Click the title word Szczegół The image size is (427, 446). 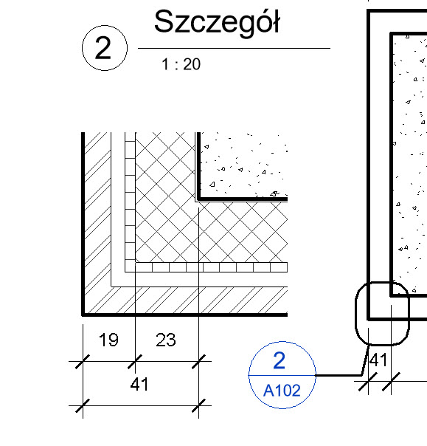click(x=217, y=24)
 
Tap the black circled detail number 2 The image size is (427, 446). click(x=103, y=48)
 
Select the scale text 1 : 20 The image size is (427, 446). click(x=181, y=64)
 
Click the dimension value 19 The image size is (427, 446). click(x=108, y=340)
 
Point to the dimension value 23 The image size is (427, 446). click(x=166, y=340)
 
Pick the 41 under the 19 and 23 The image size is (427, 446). click(x=139, y=384)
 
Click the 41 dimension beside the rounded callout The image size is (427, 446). click(x=378, y=360)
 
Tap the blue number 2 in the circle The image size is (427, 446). click(x=279, y=360)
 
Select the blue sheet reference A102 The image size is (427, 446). click(x=282, y=390)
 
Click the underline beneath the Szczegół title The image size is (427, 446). click(x=234, y=48)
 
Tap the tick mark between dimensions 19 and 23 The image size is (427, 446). click(x=135, y=362)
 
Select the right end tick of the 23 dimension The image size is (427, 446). click(x=198, y=362)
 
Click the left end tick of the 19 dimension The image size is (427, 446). click(x=83, y=362)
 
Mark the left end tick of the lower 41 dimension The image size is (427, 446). click(x=83, y=405)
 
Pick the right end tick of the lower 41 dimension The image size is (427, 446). click(x=198, y=405)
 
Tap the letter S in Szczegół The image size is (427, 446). click(x=163, y=21)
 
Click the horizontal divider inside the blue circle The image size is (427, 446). click(x=282, y=375)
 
